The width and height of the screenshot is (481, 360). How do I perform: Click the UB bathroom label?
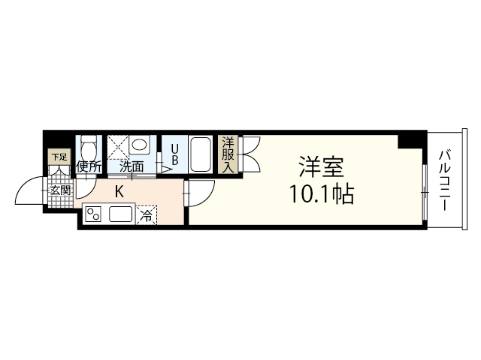[x=173, y=154]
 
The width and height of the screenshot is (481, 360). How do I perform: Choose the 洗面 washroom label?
[x=132, y=167]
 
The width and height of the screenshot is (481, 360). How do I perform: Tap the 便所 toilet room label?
[x=88, y=167]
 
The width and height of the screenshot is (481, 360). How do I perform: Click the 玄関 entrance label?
[x=60, y=190]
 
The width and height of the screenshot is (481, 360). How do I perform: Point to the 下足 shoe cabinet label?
[x=58, y=157]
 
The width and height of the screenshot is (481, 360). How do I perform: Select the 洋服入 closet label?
[x=227, y=154]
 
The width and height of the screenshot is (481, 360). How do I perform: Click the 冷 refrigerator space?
[x=147, y=214]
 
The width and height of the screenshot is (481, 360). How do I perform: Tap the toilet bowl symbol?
[x=89, y=146]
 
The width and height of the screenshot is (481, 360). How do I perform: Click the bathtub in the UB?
[x=201, y=154]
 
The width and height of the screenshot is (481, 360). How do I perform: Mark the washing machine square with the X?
[x=118, y=147]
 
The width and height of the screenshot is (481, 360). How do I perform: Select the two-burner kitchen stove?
[x=95, y=215]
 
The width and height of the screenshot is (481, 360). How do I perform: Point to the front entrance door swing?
[x=30, y=191]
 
